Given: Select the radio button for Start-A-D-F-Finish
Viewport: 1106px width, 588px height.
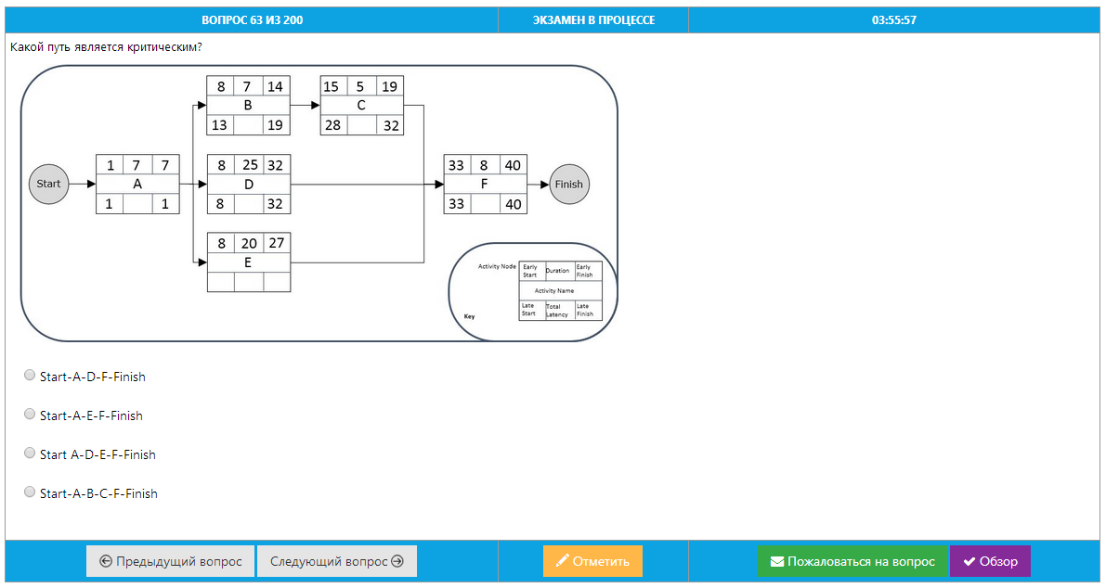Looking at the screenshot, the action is pos(30,376).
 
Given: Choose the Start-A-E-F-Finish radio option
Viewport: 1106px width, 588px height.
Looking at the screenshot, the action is pos(30,415).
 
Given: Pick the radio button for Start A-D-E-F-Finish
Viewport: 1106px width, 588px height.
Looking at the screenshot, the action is pos(30,454).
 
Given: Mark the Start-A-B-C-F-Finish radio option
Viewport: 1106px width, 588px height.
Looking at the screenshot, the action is pos(30,492).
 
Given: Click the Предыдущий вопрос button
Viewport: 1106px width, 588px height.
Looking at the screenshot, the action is pos(170,561).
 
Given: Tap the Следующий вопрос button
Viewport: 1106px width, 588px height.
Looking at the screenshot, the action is pos(336,561).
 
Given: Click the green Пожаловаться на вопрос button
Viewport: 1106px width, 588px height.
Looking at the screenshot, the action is pos(852,561).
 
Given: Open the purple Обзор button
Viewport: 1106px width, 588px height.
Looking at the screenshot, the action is pos(990,561).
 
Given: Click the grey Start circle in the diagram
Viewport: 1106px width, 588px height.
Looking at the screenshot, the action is pos(48,184).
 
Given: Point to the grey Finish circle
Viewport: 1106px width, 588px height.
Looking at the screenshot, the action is pos(568,184).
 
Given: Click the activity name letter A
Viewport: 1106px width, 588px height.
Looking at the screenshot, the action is pos(137,184).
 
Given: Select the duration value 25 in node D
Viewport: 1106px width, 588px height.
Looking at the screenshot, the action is pos(248,165).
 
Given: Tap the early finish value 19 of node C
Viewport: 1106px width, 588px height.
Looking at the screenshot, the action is pos(389,87).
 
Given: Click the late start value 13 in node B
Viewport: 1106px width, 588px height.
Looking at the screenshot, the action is pos(220,125).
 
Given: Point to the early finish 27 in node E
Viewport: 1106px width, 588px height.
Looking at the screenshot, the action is pos(276,243).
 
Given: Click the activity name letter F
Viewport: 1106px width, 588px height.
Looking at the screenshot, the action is pos(485,184).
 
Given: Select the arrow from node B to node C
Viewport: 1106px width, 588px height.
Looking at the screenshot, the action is pos(305,106).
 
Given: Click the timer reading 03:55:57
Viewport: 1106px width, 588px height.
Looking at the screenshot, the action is pos(893,19).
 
